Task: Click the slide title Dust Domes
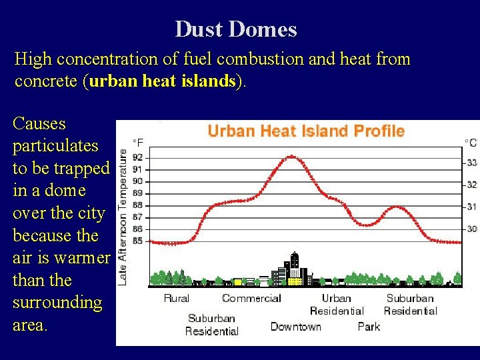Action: [x=236, y=29]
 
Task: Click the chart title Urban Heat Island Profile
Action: [x=306, y=131]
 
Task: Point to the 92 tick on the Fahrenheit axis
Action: [x=137, y=158]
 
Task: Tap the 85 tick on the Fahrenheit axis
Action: [x=137, y=241]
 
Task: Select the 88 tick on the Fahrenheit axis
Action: [x=137, y=205]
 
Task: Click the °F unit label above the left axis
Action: [x=138, y=142]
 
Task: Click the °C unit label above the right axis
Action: [x=471, y=142]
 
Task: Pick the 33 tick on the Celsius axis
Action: [x=471, y=163]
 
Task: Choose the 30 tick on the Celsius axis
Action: [x=471, y=229]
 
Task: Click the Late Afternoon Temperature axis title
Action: [x=123, y=217]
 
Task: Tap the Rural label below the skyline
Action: [x=177, y=298]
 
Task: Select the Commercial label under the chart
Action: [x=251, y=298]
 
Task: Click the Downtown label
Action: [x=295, y=327]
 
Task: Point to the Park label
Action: [x=369, y=327]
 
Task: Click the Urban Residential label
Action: [x=337, y=305]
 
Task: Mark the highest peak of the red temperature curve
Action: [x=291, y=157]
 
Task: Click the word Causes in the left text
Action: [x=39, y=123]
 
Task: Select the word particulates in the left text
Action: [x=55, y=146]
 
